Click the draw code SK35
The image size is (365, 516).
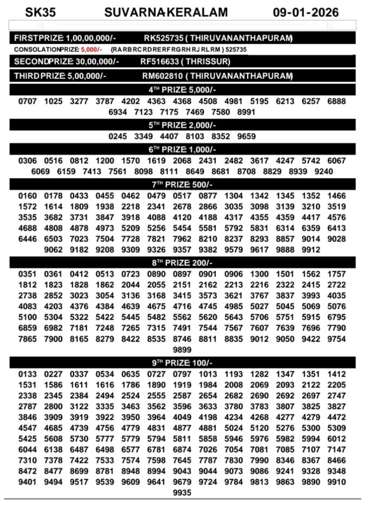(x=40, y=12)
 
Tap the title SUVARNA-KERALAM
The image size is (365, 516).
(x=166, y=12)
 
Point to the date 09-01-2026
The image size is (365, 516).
(x=306, y=12)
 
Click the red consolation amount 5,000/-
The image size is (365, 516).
(x=91, y=49)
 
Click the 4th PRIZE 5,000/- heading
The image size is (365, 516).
(x=182, y=90)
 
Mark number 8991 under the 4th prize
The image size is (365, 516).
(x=246, y=112)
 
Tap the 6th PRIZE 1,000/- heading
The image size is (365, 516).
(x=182, y=150)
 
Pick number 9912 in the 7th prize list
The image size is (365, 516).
(x=311, y=250)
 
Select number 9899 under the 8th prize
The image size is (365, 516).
(x=182, y=350)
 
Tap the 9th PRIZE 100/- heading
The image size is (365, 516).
(x=182, y=363)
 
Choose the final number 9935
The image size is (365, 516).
(x=182, y=493)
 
